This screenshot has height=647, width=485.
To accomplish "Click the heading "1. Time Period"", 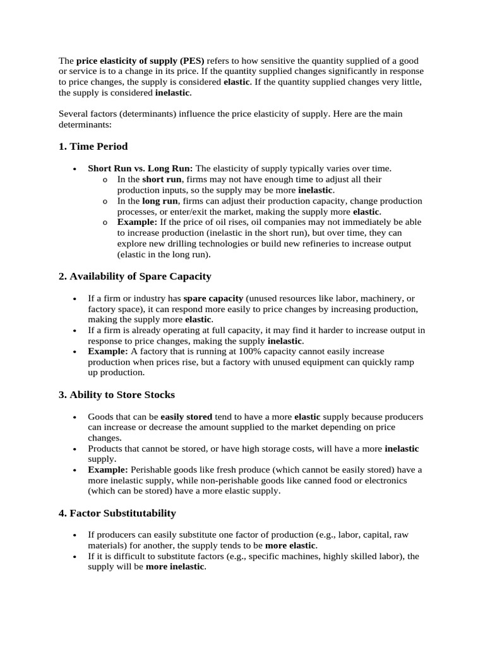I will coord(93,147).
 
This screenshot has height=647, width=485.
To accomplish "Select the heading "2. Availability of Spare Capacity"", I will coord(135,276).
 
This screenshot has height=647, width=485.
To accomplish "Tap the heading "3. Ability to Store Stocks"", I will coord(116,395).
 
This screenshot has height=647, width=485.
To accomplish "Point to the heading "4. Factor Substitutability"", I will coord(117,513).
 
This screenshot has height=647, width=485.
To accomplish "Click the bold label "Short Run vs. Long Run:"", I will coord(140,169).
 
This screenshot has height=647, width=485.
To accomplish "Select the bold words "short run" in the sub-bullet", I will coord(162,179).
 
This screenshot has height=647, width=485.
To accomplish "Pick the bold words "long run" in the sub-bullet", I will coord(160,201).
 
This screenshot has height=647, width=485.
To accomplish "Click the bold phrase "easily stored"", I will coord(186,417).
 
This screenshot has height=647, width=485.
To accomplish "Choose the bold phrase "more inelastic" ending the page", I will coord(175,567).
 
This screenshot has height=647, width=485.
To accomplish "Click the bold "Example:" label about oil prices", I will coord(135,222).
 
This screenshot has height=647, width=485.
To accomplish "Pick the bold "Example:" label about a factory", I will coord(108,351).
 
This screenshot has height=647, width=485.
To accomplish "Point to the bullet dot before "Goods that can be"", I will coord(75,418).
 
